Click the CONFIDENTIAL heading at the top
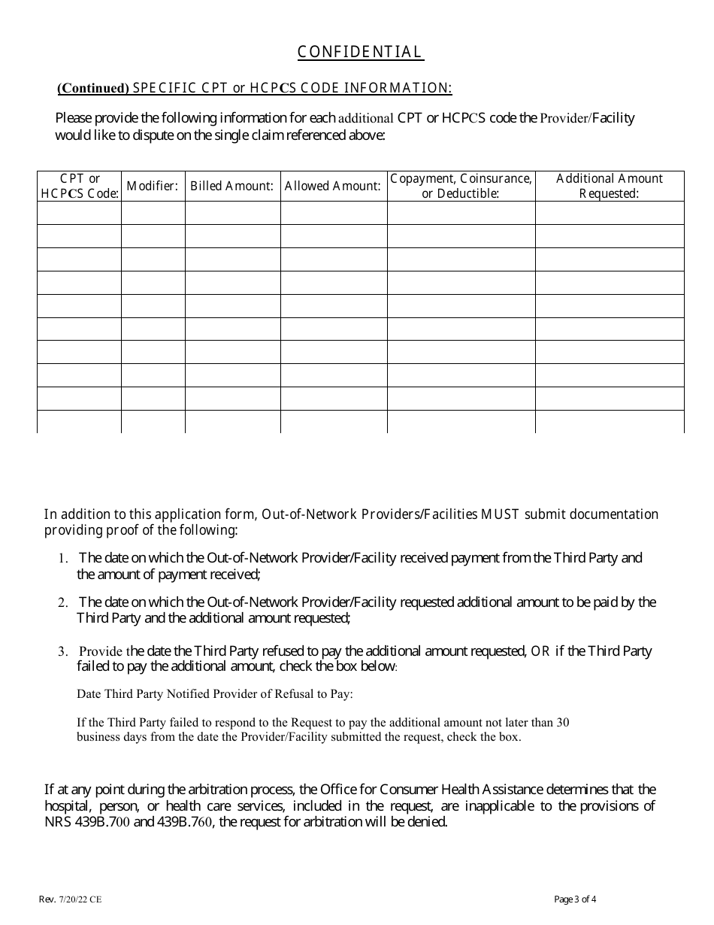361,52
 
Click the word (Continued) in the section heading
93,89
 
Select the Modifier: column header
153,186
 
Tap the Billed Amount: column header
232,186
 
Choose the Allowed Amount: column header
333,186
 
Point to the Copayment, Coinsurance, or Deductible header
461,186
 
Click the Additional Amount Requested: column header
610,186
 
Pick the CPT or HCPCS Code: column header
80,186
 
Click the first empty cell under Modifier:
153,213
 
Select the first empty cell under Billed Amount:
232,213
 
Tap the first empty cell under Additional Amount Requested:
610,213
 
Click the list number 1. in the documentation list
63,559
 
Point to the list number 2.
63,603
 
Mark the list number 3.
63,652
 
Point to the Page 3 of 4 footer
575,899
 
